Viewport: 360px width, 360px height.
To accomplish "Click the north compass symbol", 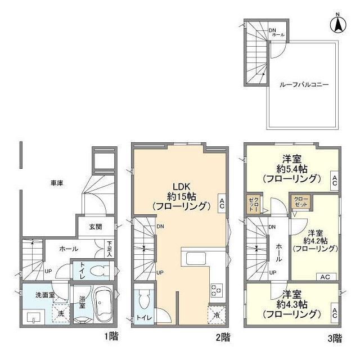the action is pos(337,24).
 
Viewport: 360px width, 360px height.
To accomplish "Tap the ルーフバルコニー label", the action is pos(304,85).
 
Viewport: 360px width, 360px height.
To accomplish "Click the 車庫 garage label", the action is pos(57,183).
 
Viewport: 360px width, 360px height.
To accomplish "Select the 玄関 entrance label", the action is pos(96,227).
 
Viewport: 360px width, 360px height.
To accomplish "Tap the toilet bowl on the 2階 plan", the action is pos(144,299).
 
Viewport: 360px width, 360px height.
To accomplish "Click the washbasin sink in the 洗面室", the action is pos(34,317).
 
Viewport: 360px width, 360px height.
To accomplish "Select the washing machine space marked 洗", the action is pos(61,313).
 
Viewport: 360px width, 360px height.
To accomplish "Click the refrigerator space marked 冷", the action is pos(217,315).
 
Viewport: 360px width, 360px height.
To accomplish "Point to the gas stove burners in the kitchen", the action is pos(216,290).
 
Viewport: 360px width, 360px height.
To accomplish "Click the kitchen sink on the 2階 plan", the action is pos(196,259).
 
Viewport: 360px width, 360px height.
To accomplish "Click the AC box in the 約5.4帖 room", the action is pos(335,181).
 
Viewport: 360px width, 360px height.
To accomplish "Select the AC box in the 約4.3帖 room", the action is pos(335,313).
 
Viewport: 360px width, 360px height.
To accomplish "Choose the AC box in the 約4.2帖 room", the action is pos(326,277).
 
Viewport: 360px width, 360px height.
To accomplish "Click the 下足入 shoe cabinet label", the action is pos(109,249).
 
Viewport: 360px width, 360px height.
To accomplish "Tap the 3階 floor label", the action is pos(335,339).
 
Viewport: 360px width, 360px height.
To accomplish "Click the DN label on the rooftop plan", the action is pos(272,30).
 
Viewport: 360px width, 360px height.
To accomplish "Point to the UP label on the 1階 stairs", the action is pos(48,271).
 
